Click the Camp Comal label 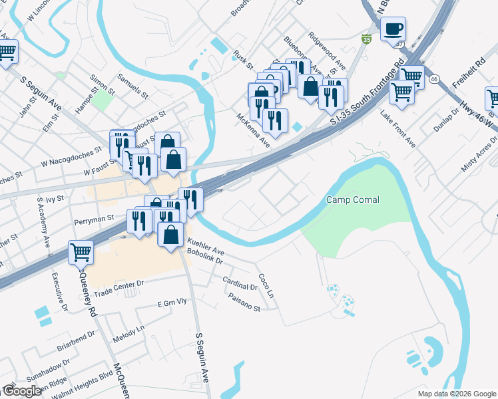pyautogui.click(x=353, y=200)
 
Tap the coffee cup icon pyautogui.click(x=393, y=30)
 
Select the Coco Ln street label pyautogui.click(x=266, y=284)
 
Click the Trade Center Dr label pyautogui.click(x=119, y=288)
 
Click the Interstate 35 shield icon pyautogui.click(x=366, y=39)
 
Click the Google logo pyautogui.click(x=22, y=390)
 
